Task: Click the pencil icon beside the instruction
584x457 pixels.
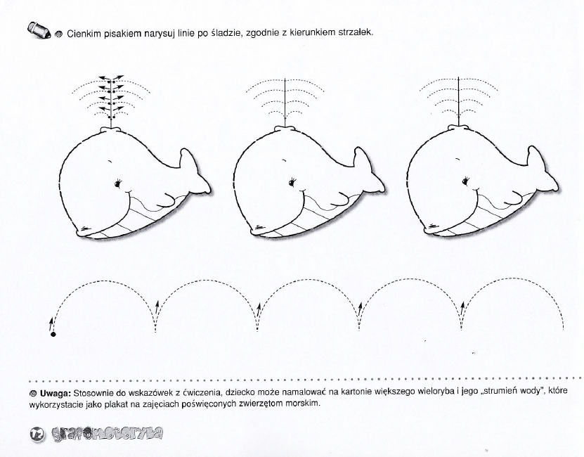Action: pos(39,30)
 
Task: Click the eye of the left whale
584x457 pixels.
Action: pos(119,183)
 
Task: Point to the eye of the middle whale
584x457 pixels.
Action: pos(293,182)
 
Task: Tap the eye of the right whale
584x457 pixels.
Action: pos(466,181)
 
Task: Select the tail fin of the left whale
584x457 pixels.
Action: pos(195,171)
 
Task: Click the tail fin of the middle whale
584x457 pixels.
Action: pos(369,170)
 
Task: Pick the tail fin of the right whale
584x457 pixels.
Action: pos(542,169)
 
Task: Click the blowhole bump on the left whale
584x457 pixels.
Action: pos(111,130)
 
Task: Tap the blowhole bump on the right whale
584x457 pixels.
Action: pos(458,128)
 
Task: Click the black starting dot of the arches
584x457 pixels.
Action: pos(53,335)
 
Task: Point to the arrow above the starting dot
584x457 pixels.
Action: pos(51,324)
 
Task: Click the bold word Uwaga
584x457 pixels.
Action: pos(55,393)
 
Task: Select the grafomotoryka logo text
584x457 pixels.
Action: pos(107,434)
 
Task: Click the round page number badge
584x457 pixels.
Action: pos(37,434)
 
